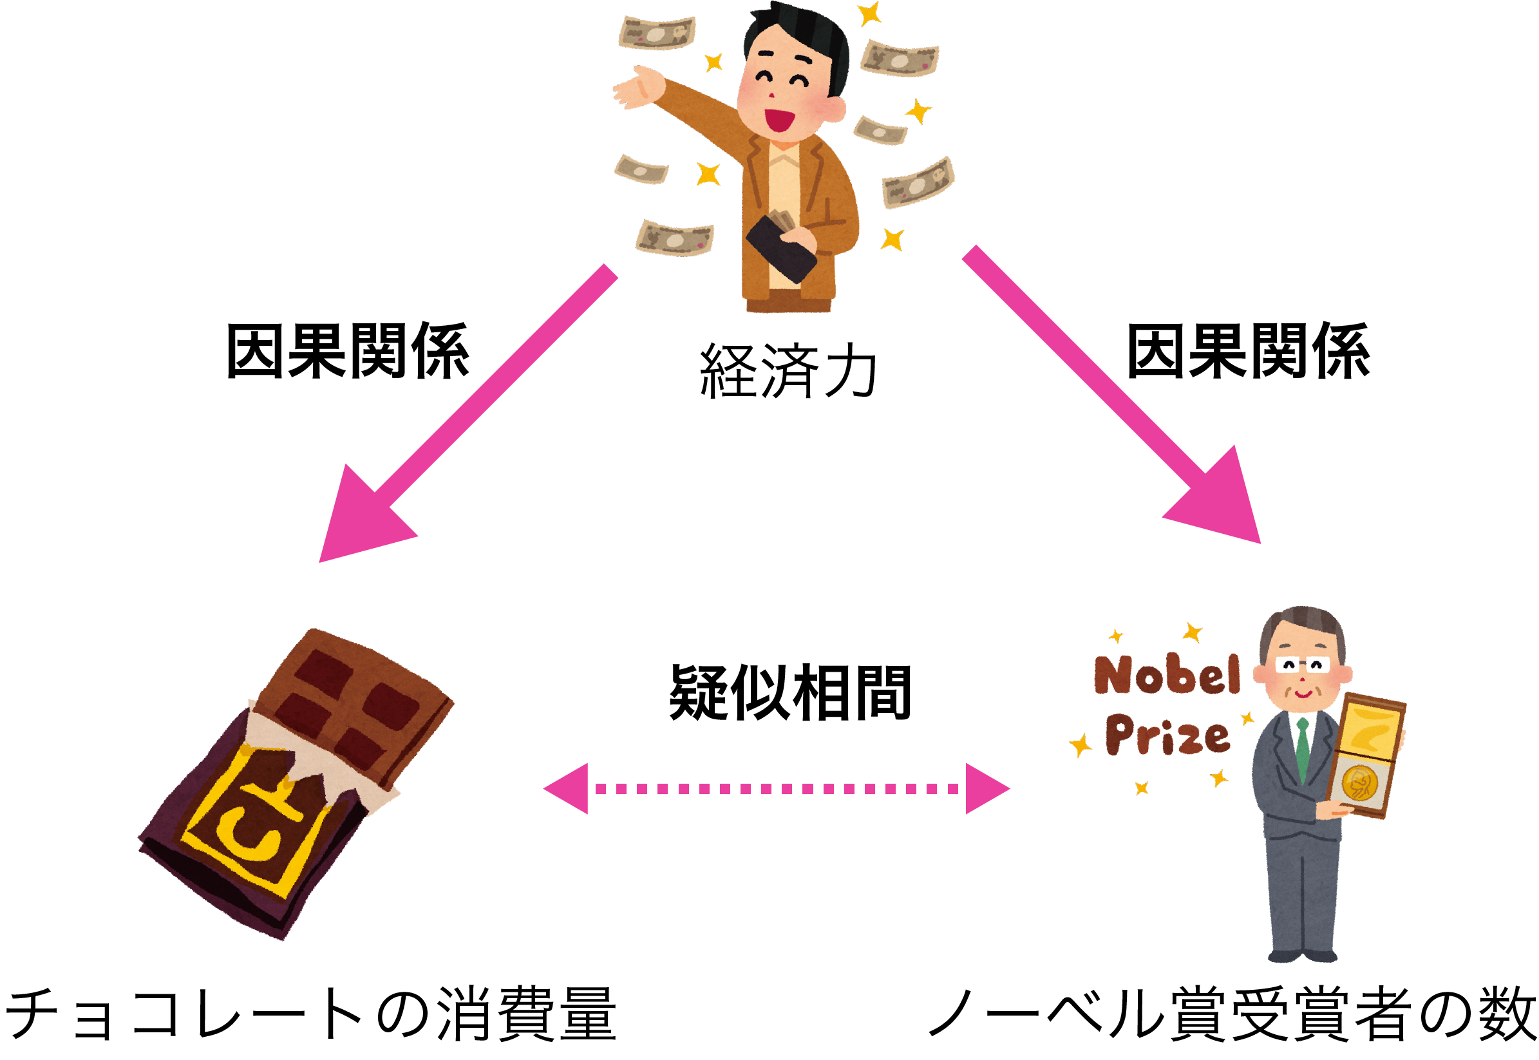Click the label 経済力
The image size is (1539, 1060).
tap(788, 372)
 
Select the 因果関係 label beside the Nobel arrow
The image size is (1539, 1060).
tap(1247, 352)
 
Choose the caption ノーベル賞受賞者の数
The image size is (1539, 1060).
tap(1232, 1016)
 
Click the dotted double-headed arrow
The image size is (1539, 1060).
tap(776, 788)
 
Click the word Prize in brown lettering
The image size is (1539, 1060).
tap(1167, 737)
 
